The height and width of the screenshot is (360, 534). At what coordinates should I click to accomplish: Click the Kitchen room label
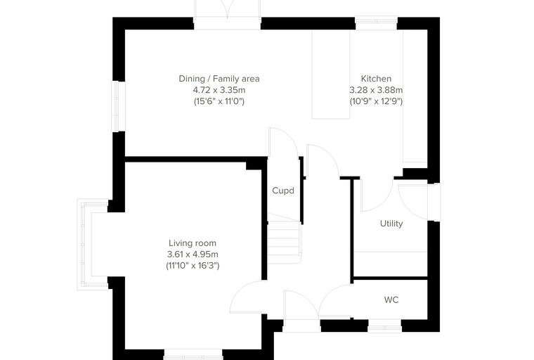[376, 79]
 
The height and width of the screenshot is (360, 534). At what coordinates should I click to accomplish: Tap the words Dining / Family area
[219, 79]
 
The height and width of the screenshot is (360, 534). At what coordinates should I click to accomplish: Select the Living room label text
[193, 243]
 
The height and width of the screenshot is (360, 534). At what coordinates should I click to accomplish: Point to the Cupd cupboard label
[283, 191]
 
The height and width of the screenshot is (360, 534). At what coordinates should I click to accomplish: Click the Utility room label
[391, 224]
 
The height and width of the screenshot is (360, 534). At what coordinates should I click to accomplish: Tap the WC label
[391, 300]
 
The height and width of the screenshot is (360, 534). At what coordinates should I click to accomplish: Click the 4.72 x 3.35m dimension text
[219, 90]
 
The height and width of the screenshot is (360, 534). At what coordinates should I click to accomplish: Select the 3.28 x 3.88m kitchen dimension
[376, 90]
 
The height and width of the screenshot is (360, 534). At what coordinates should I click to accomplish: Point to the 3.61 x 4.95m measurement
[193, 255]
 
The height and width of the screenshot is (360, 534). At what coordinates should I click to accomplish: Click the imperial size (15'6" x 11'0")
[219, 101]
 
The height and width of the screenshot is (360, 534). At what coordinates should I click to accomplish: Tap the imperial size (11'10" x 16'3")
[193, 266]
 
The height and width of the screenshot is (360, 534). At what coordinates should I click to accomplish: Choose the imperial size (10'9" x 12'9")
[376, 101]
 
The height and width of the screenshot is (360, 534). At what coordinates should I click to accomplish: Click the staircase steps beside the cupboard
[285, 242]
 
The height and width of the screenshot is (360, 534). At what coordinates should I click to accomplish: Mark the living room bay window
[84, 245]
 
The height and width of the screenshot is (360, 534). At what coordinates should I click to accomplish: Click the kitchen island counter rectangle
[331, 75]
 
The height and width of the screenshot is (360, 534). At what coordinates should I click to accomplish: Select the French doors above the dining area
[227, 15]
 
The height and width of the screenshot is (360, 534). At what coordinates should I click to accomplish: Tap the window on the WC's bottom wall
[385, 327]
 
